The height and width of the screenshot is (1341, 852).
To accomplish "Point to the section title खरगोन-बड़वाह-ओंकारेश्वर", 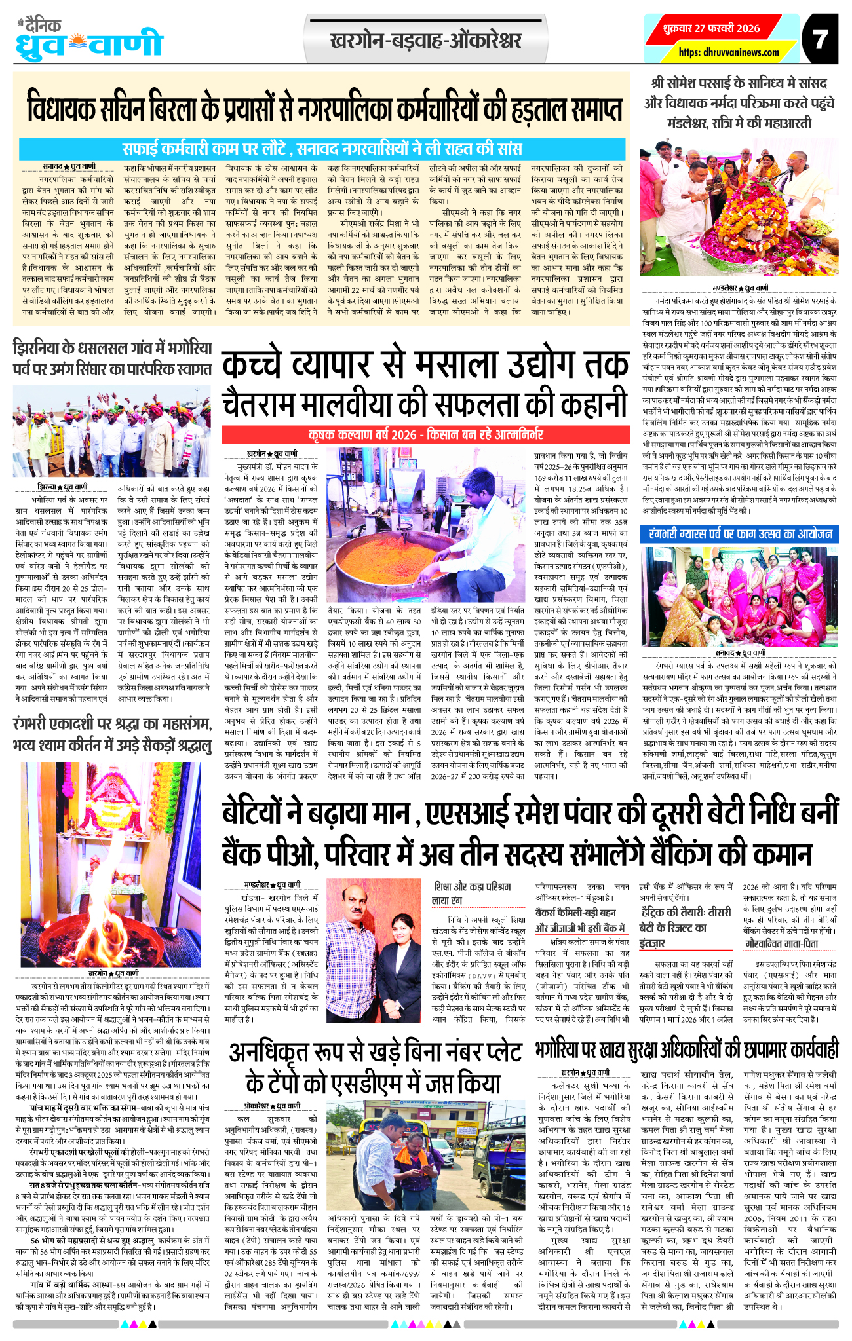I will pos(426,41).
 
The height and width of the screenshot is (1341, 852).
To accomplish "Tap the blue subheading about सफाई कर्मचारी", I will pos(321,147).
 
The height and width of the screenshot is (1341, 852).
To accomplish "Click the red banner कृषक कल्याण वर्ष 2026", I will pos(425,434).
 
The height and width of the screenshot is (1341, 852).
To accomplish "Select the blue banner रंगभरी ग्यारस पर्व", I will pos(739,534).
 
